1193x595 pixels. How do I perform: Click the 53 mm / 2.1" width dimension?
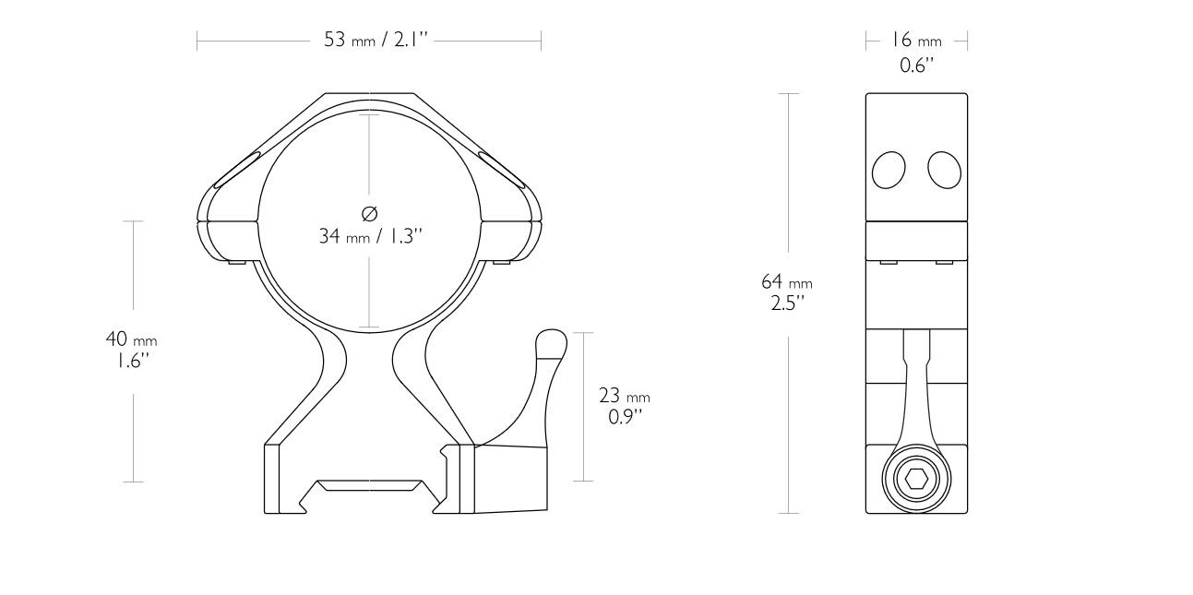[x=369, y=42]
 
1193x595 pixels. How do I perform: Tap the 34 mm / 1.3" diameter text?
[x=370, y=236]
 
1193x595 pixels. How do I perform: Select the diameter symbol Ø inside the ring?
[x=370, y=214]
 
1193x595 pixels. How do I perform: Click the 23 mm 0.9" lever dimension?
[x=624, y=406]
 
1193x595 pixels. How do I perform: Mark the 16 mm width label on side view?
[x=916, y=41]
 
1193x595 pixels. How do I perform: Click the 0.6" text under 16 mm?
[x=916, y=65]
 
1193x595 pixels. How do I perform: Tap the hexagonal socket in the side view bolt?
[x=916, y=480]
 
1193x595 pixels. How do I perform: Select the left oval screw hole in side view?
[x=889, y=170]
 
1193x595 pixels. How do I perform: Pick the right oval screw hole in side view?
[x=945, y=170]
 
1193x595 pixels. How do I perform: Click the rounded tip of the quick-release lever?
[x=552, y=340]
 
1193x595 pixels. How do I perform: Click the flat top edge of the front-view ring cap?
[x=369, y=93]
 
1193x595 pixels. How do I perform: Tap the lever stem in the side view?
[x=916, y=387]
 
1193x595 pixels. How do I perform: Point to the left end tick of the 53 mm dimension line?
[x=197, y=42]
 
